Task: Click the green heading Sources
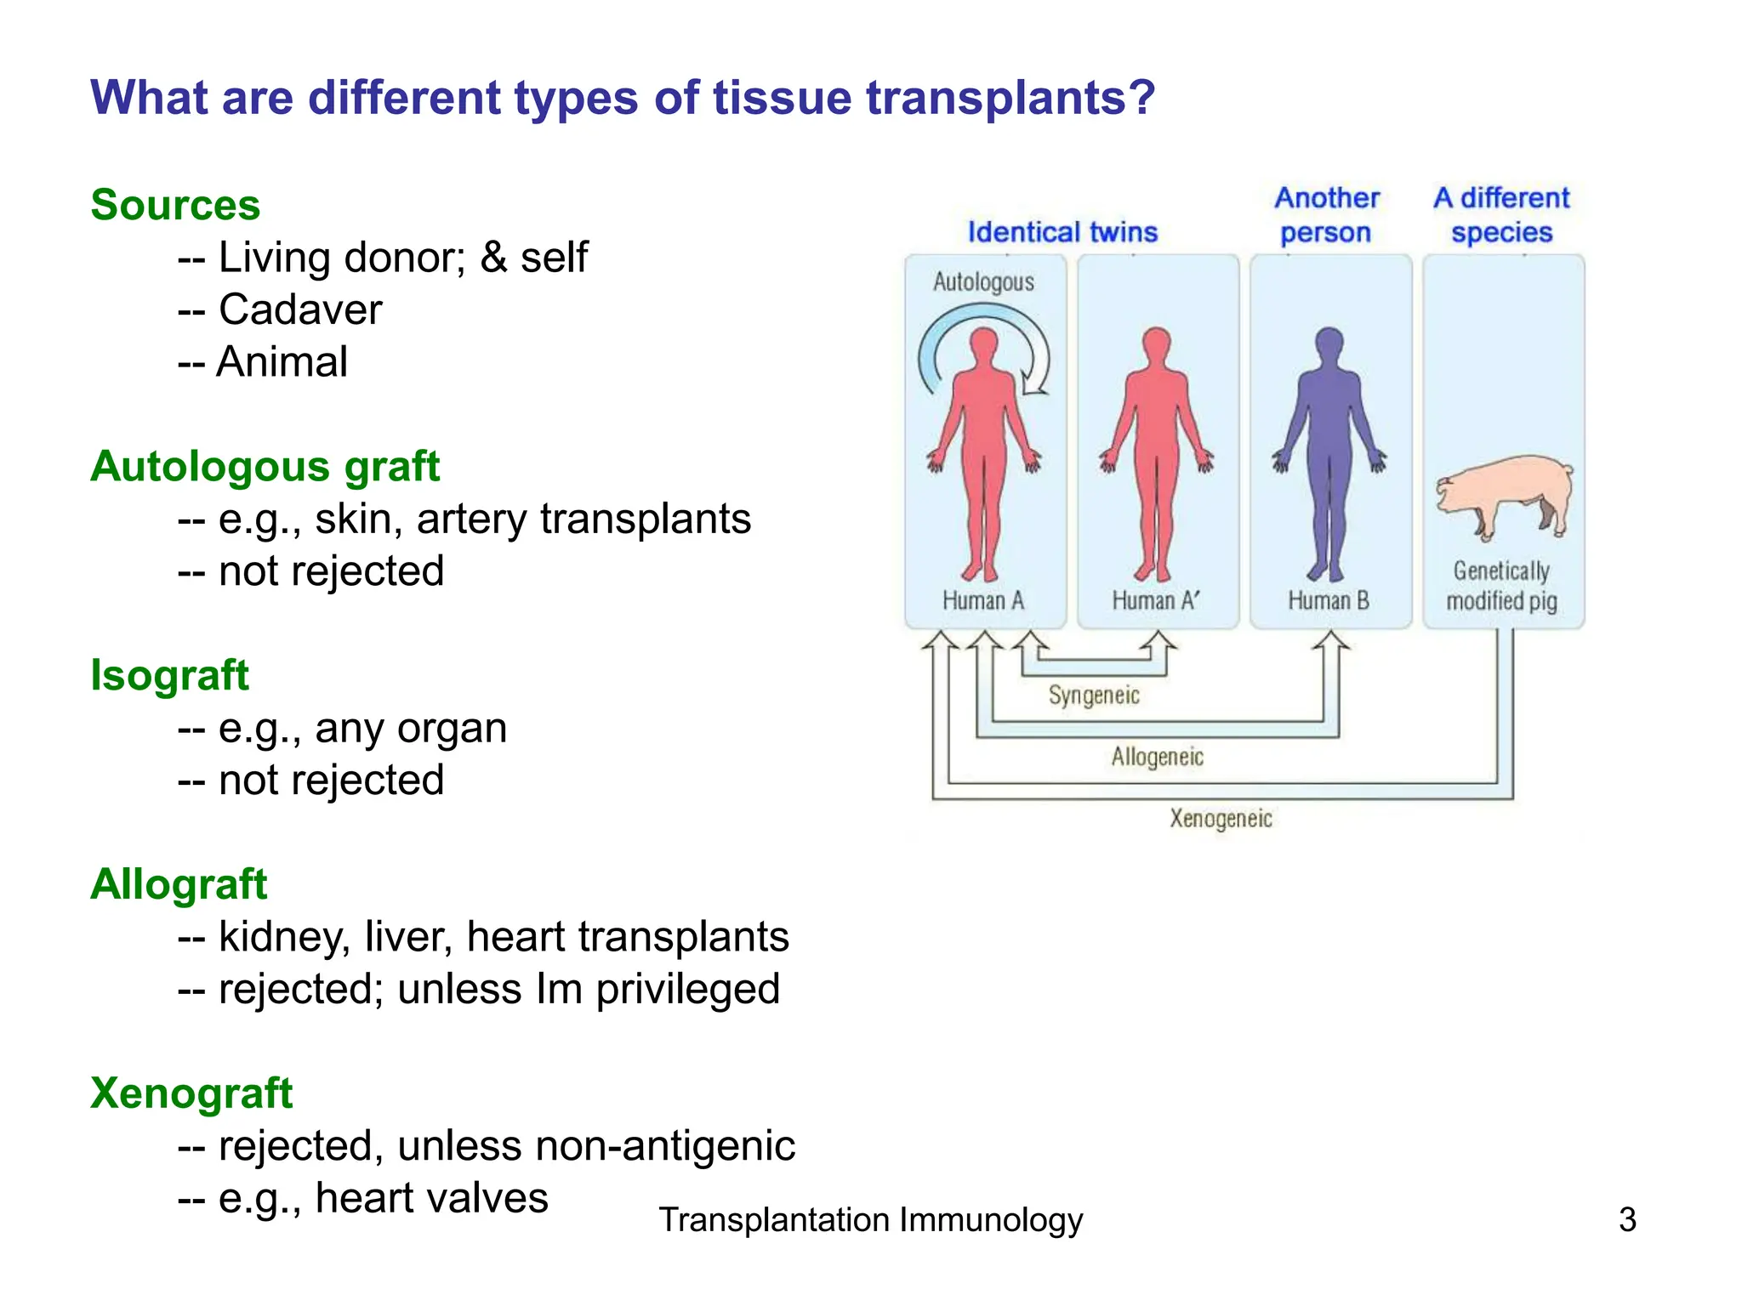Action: (175, 205)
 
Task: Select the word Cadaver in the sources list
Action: (300, 309)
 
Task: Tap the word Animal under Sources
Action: (282, 361)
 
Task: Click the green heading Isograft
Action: (169, 676)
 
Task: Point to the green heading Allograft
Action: (179, 884)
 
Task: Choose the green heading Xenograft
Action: (191, 1093)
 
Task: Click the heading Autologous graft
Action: (265, 467)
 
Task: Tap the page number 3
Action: (1626, 1220)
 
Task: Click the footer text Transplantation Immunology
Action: (870, 1220)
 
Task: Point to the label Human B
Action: (1328, 601)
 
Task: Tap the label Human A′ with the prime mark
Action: (1155, 601)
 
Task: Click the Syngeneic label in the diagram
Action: (1093, 696)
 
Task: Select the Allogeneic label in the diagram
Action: (1157, 757)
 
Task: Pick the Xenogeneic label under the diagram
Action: (1221, 819)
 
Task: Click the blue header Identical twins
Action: (1062, 232)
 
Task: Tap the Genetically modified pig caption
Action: (1501, 586)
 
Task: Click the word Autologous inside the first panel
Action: (983, 282)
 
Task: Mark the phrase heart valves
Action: (431, 1198)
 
